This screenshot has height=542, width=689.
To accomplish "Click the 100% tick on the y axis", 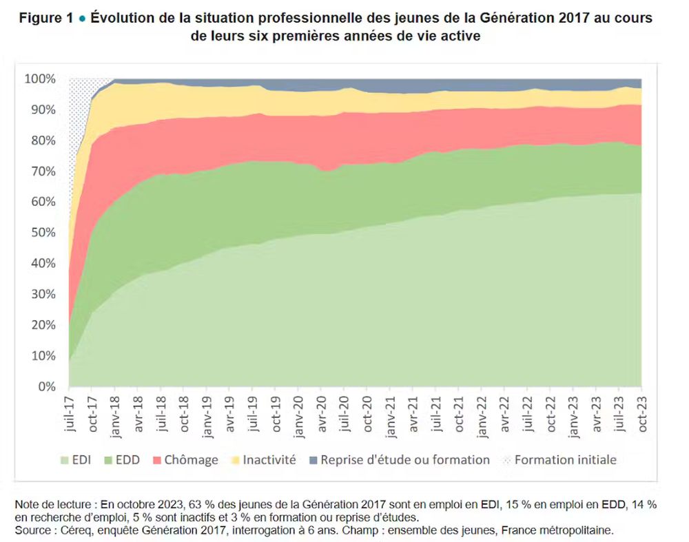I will coord(41,79).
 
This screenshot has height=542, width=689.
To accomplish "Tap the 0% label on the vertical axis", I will coord(46,387).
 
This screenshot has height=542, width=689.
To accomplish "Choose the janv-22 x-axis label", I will coord(482,415).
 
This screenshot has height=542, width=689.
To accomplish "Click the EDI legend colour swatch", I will coord(65,459).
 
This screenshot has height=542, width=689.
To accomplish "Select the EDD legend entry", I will coord(123,459).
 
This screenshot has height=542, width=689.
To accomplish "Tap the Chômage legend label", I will coord(191,459).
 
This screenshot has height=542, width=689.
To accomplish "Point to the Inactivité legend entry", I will coord(269,459).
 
